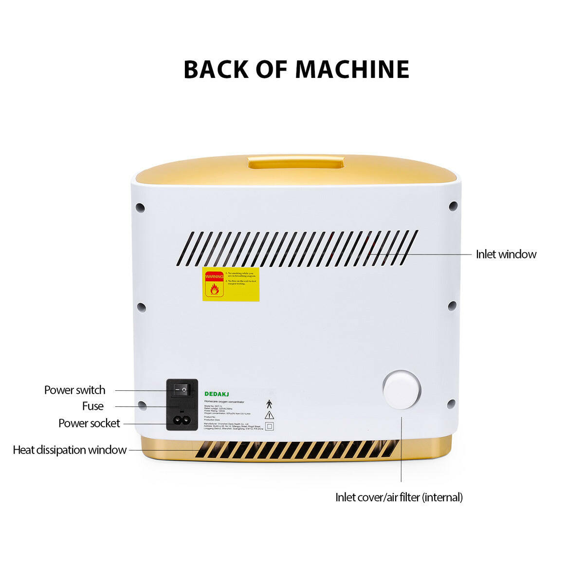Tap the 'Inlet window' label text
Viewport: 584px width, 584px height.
pyautogui.click(x=506, y=254)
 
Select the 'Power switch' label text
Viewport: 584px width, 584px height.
pyautogui.click(x=74, y=390)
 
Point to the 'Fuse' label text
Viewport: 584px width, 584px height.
pyautogui.click(x=92, y=406)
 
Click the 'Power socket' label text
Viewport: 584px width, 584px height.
pyautogui.click(x=89, y=423)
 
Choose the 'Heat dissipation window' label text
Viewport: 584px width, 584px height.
pyautogui.click(x=70, y=450)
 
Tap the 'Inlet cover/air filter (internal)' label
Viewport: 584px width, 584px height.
pyautogui.click(x=399, y=497)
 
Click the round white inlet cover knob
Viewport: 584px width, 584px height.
pyautogui.click(x=401, y=390)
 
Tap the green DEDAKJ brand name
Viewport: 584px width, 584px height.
pyautogui.click(x=217, y=394)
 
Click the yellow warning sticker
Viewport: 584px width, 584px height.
pyautogui.click(x=231, y=284)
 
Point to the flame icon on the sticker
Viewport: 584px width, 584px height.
pyautogui.click(x=214, y=290)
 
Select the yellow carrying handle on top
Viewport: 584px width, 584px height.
pyautogui.click(x=296, y=162)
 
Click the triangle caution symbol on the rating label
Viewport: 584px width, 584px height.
pyautogui.click(x=269, y=415)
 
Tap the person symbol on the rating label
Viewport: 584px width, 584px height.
pyautogui.click(x=269, y=404)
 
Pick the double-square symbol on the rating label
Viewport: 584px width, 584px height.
pyautogui.click(x=269, y=426)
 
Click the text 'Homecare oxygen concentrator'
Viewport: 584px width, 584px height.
pyautogui.click(x=224, y=401)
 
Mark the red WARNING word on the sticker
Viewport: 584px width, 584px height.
pyautogui.click(x=214, y=276)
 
